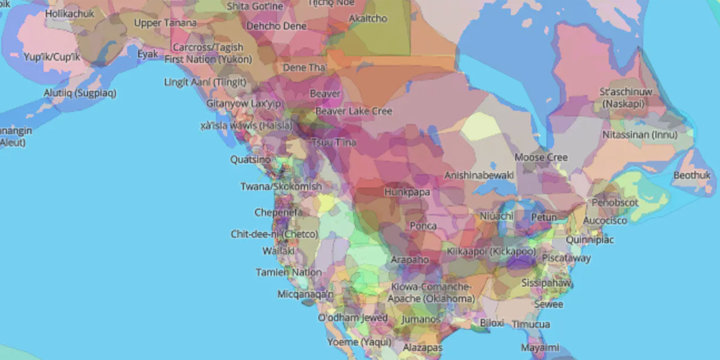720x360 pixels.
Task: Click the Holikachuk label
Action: [70, 13]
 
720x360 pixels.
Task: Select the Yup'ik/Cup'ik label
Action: [52, 56]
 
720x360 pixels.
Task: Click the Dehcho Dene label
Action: [276, 26]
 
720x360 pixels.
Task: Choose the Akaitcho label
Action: [367, 18]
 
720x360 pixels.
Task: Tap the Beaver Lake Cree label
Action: [354, 111]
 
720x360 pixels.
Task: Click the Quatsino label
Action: [250, 159]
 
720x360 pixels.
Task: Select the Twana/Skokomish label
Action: [281, 186]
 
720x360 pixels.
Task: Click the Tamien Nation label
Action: [289, 272]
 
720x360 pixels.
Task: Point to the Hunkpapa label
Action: [406, 192]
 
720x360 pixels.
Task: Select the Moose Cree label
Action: [541, 157]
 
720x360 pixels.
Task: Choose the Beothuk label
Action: [692, 175]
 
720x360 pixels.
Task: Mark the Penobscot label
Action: [615, 202]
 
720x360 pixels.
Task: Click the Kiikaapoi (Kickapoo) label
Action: [491, 251]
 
